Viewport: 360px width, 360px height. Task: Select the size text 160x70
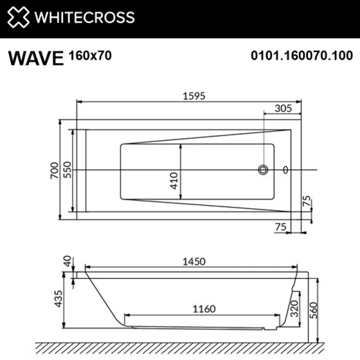click(91, 55)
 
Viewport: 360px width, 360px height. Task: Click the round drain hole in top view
click(263, 170)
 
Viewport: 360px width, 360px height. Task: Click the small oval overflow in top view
click(285, 170)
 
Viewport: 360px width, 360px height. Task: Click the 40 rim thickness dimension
click(67, 262)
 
